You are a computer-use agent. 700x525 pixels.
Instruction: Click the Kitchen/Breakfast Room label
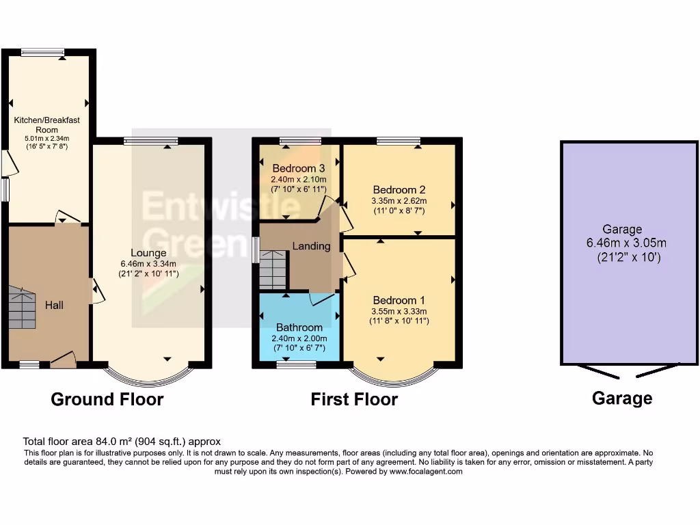pos(47,124)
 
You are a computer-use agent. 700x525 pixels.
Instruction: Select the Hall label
pos(55,305)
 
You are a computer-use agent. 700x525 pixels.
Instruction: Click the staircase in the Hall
pos(22,310)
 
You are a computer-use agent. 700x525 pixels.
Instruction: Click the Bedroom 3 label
pos(298,168)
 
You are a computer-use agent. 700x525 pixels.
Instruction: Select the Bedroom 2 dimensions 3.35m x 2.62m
pos(399,201)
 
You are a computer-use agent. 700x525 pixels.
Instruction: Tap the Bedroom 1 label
pos(399,300)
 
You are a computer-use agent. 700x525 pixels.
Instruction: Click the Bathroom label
pos(299,327)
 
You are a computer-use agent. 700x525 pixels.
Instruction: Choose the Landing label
pos(311,246)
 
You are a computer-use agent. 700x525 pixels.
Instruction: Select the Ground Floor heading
pos(107,399)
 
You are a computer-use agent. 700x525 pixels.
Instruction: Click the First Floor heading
pos(354,399)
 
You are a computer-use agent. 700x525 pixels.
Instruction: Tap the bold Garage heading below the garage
pos(621,398)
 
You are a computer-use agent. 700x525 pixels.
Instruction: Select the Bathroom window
pos(296,364)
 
